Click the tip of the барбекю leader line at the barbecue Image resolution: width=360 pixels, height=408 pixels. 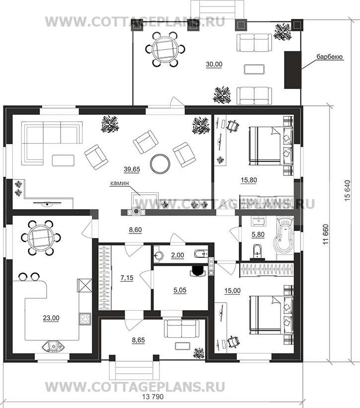tap(301, 69)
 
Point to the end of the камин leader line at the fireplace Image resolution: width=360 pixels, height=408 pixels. tap(141, 195)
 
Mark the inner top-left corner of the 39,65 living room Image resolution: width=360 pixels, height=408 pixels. tap(12, 115)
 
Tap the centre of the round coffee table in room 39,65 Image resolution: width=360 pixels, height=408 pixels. tap(160, 163)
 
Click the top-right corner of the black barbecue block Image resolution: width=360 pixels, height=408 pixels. tap(301, 52)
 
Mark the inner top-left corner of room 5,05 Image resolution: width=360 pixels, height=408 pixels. tap(153, 266)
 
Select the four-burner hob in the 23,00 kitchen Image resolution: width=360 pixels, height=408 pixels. tap(84, 319)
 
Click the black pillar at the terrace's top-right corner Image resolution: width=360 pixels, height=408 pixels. tap(297, 25)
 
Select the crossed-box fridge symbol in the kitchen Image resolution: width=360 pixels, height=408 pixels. tap(84, 285)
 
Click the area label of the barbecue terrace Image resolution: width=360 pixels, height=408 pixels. tap(214, 65)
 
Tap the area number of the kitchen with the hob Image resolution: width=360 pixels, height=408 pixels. tap(52, 318)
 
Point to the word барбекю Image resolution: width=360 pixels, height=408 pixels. tap(330, 57)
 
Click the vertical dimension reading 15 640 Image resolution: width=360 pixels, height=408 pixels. tap(348, 190)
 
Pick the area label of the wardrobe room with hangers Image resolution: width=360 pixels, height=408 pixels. tap(127, 278)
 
